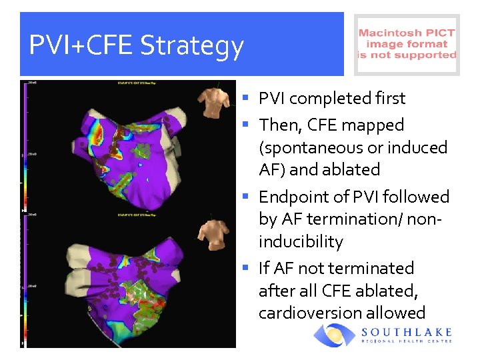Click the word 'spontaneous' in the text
click(x=307, y=147)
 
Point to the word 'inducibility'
click(x=301, y=241)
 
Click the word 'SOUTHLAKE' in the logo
click(x=407, y=332)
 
